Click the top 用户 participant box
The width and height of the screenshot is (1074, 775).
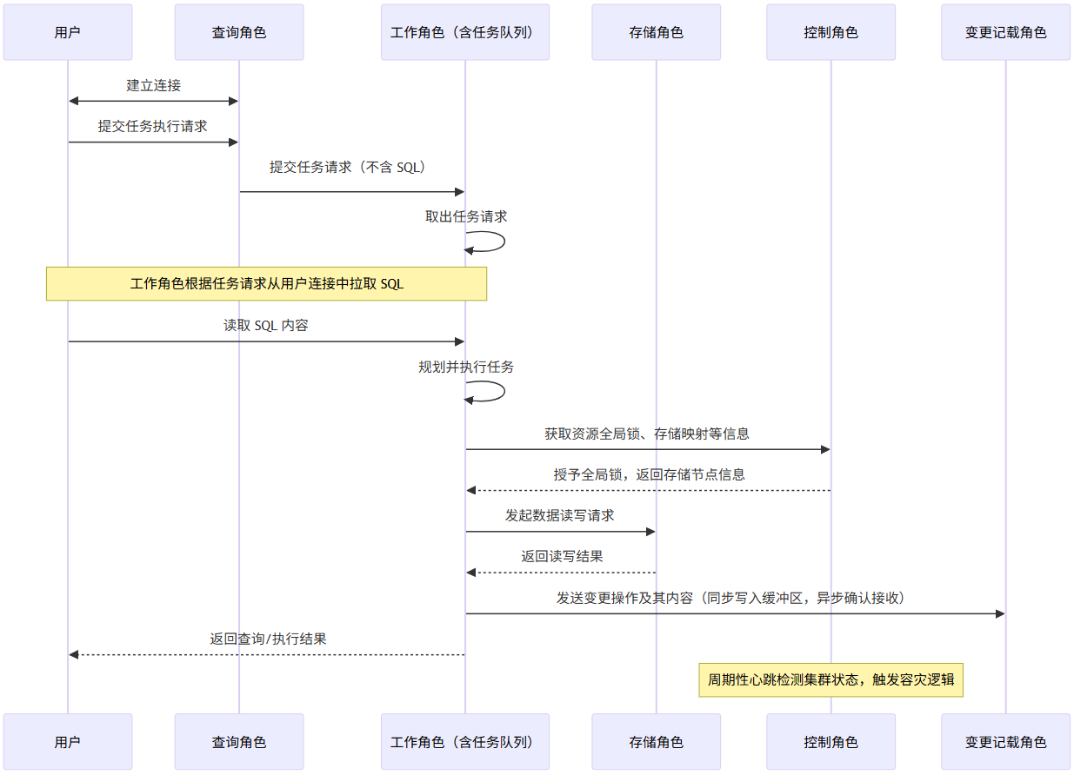point(68,32)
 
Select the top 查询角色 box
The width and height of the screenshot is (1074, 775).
point(239,32)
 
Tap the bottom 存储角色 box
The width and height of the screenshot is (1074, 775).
point(657,742)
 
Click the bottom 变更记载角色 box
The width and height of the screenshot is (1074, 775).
point(1005,742)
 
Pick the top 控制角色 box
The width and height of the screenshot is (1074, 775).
point(831,32)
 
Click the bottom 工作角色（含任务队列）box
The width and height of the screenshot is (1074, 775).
point(464,742)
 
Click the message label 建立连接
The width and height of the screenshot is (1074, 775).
point(153,85)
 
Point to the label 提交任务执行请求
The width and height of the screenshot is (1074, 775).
point(153,126)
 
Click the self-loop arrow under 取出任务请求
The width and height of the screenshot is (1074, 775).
point(496,242)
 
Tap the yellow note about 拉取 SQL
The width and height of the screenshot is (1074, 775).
point(266,284)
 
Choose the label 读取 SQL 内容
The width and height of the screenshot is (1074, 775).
point(266,326)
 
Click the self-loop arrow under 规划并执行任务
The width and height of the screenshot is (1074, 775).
point(496,391)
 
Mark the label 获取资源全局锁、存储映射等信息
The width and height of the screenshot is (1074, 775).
point(647,434)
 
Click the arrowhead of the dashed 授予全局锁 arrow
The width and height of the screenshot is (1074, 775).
point(471,491)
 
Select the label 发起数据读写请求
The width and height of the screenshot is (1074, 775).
point(560,515)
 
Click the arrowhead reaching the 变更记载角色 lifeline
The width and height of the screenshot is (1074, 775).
point(999,613)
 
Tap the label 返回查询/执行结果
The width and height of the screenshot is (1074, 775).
point(268,639)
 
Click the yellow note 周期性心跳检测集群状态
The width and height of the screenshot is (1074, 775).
point(831,679)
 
